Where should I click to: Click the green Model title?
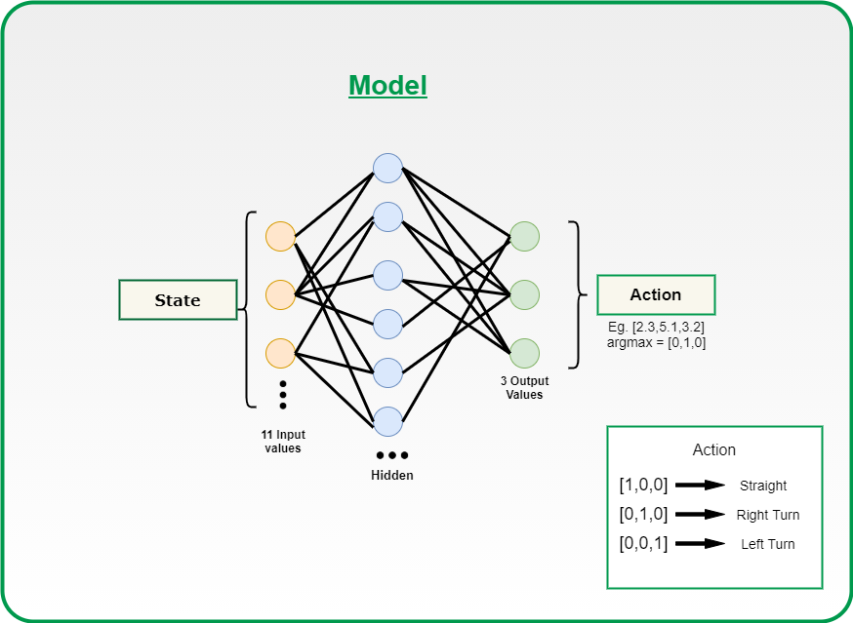pyautogui.click(x=387, y=86)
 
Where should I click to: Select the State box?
pyautogui.click(x=178, y=299)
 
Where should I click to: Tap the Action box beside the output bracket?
pyautogui.click(x=656, y=294)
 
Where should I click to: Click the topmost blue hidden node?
pyautogui.click(x=387, y=168)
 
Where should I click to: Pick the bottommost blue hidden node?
pyautogui.click(x=387, y=421)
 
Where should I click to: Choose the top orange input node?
pyautogui.click(x=281, y=237)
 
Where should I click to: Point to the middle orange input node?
pyautogui.click(x=281, y=294)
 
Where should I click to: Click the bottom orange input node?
pyautogui.click(x=281, y=353)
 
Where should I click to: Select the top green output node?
pyautogui.click(x=524, y=237)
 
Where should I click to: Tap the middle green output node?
pyautogui.click(x=524, y=294)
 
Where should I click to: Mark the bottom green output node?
pyautogui.click(x=524, y=353)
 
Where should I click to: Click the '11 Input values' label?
pyautogui.click(x=283, y=442)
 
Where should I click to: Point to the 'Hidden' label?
pyautogui.click(x=392, y=475)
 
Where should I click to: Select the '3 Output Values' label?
pyautogui.click(x=524, y=388)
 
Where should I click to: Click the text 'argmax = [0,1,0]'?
pyautogui.click(x=656, y=342)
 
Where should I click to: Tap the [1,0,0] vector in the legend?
pyautogui.click(x=643, y=485)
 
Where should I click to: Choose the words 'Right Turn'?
pyautogui.click(x=767, y=515)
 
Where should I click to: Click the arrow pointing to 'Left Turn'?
pyautogui.click(x=700, y=543)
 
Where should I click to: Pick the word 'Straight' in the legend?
pyautogui.click(x=762, y=486)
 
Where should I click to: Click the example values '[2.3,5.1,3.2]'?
pyautogui.click(x=668, y=328)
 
